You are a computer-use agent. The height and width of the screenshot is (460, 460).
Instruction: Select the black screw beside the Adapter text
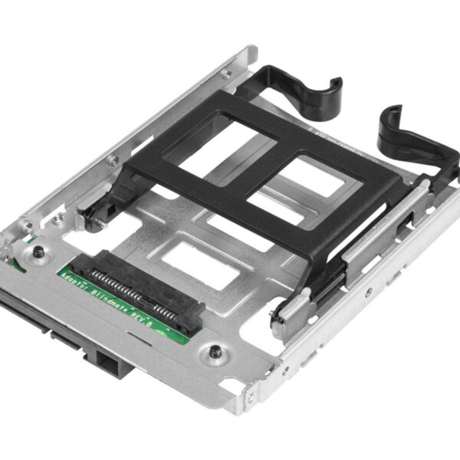click(x=38, y=252)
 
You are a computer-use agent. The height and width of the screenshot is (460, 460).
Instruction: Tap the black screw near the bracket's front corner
click(x=215, y=353)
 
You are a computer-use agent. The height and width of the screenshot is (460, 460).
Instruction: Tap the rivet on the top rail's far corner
click(x=227, y=72)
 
